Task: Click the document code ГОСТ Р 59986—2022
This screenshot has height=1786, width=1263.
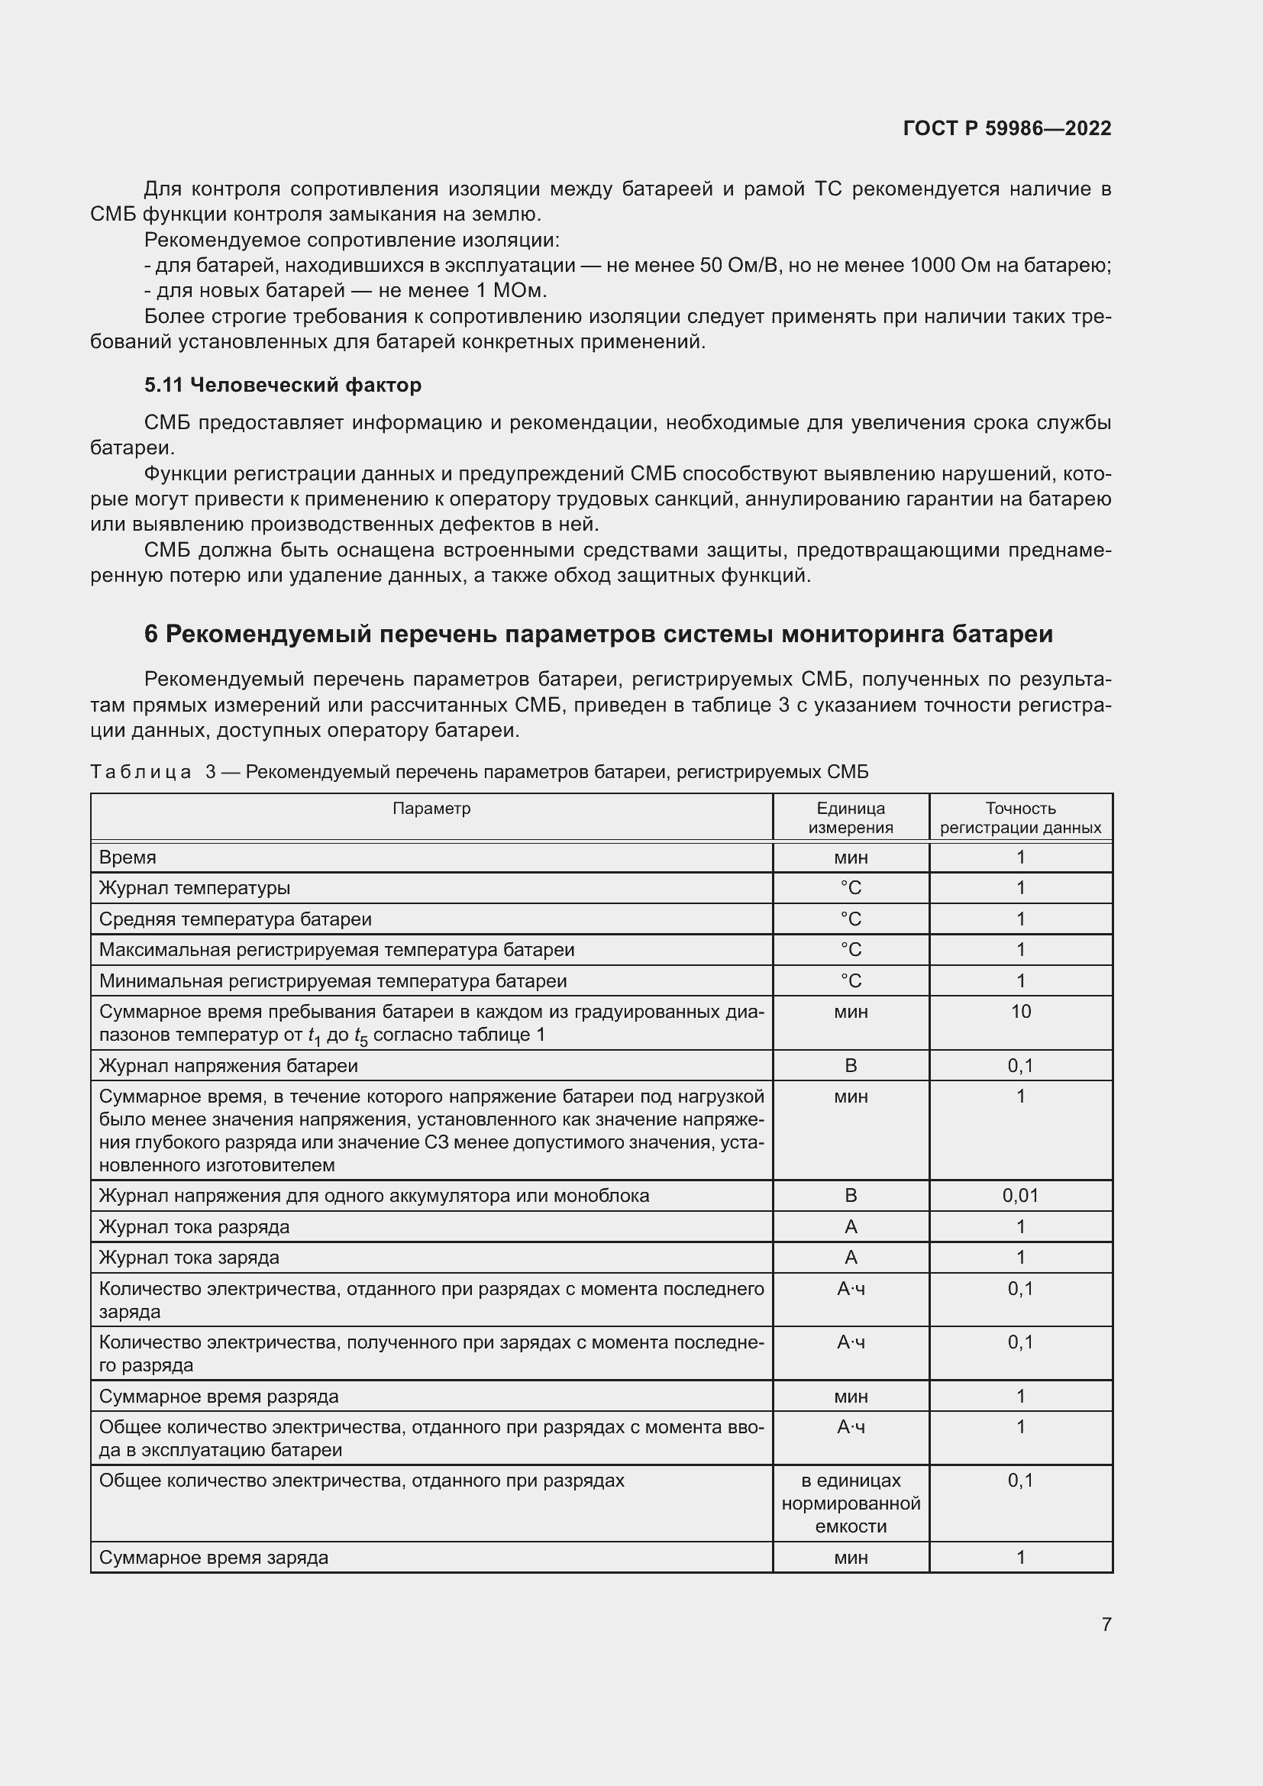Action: pyautogui.click(x=1007, y=128)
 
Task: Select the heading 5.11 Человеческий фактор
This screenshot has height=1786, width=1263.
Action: pyautogui.click(x=283, y=385)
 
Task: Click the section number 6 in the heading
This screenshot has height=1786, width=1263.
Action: pyautogui.click(x=151, y=635)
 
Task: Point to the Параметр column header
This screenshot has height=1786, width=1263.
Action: pyautogui.click(x=431, y=808)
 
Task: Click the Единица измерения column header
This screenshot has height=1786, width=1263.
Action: pyautogui.click(x=850, y=818)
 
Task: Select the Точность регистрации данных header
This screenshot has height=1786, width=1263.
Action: pyautogui.click(x=1020, y=818)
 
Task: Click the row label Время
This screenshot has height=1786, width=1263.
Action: pyautogui.click(x=128, y=857)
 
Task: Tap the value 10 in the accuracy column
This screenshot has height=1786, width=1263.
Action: pyautogui.click(x=1020, y=1011)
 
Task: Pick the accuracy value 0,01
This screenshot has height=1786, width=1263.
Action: pyautogui.click(x=1020, y=1196)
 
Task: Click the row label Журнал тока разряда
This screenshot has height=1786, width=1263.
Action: pyautogui.click(x=195, y=1227)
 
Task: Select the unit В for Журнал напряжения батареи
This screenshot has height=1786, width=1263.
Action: pyautogui.click(x=850, y=1066)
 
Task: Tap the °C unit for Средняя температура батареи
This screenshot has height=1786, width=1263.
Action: pyautogui.click(x=850, y=919)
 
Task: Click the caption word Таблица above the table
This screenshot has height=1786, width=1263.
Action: pyautogui.click(x=141, y=773)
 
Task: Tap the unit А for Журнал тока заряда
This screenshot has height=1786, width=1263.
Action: pyautogui.click(x=850, y=1257)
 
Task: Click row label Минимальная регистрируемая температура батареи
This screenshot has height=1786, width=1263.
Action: pyautogui.click(x=333, y=981)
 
